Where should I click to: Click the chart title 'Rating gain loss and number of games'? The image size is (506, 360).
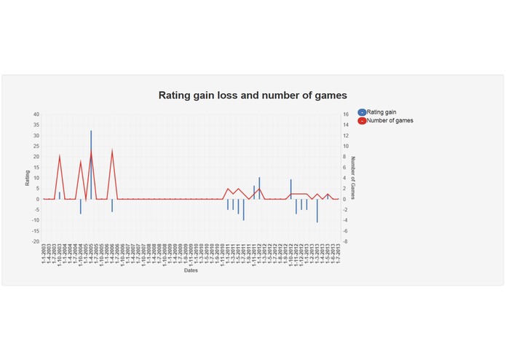click(x=253, y=95)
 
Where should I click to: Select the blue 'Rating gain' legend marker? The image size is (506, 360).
click(x=362, y=111)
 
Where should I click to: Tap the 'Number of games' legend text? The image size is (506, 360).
click(x=390, y=120)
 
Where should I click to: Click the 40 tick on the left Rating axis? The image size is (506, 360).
click(x=36, y=114)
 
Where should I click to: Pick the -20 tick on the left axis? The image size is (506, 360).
click(x=36, y=241)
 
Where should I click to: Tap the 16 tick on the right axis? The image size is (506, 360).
click(x=346, y=114)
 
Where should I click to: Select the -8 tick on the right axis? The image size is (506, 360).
click(x=346, y=241)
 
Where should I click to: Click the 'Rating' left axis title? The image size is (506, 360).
click(x=28, y=177)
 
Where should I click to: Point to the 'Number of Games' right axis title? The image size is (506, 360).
click(x=353, y=178)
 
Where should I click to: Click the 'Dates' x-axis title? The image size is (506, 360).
click(x=191, y=272)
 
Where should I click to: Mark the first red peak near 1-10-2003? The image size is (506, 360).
click(x=60, y=155)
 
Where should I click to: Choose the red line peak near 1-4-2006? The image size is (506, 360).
click(x=112, y=150)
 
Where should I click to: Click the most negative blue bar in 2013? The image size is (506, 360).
click(x=317, y=211)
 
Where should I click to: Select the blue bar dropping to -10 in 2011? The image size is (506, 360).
click(x=243, y=209)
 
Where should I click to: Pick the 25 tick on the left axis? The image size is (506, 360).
click(x=36, y=146)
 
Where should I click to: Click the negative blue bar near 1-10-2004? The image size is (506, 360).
click(x=81, y=206)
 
